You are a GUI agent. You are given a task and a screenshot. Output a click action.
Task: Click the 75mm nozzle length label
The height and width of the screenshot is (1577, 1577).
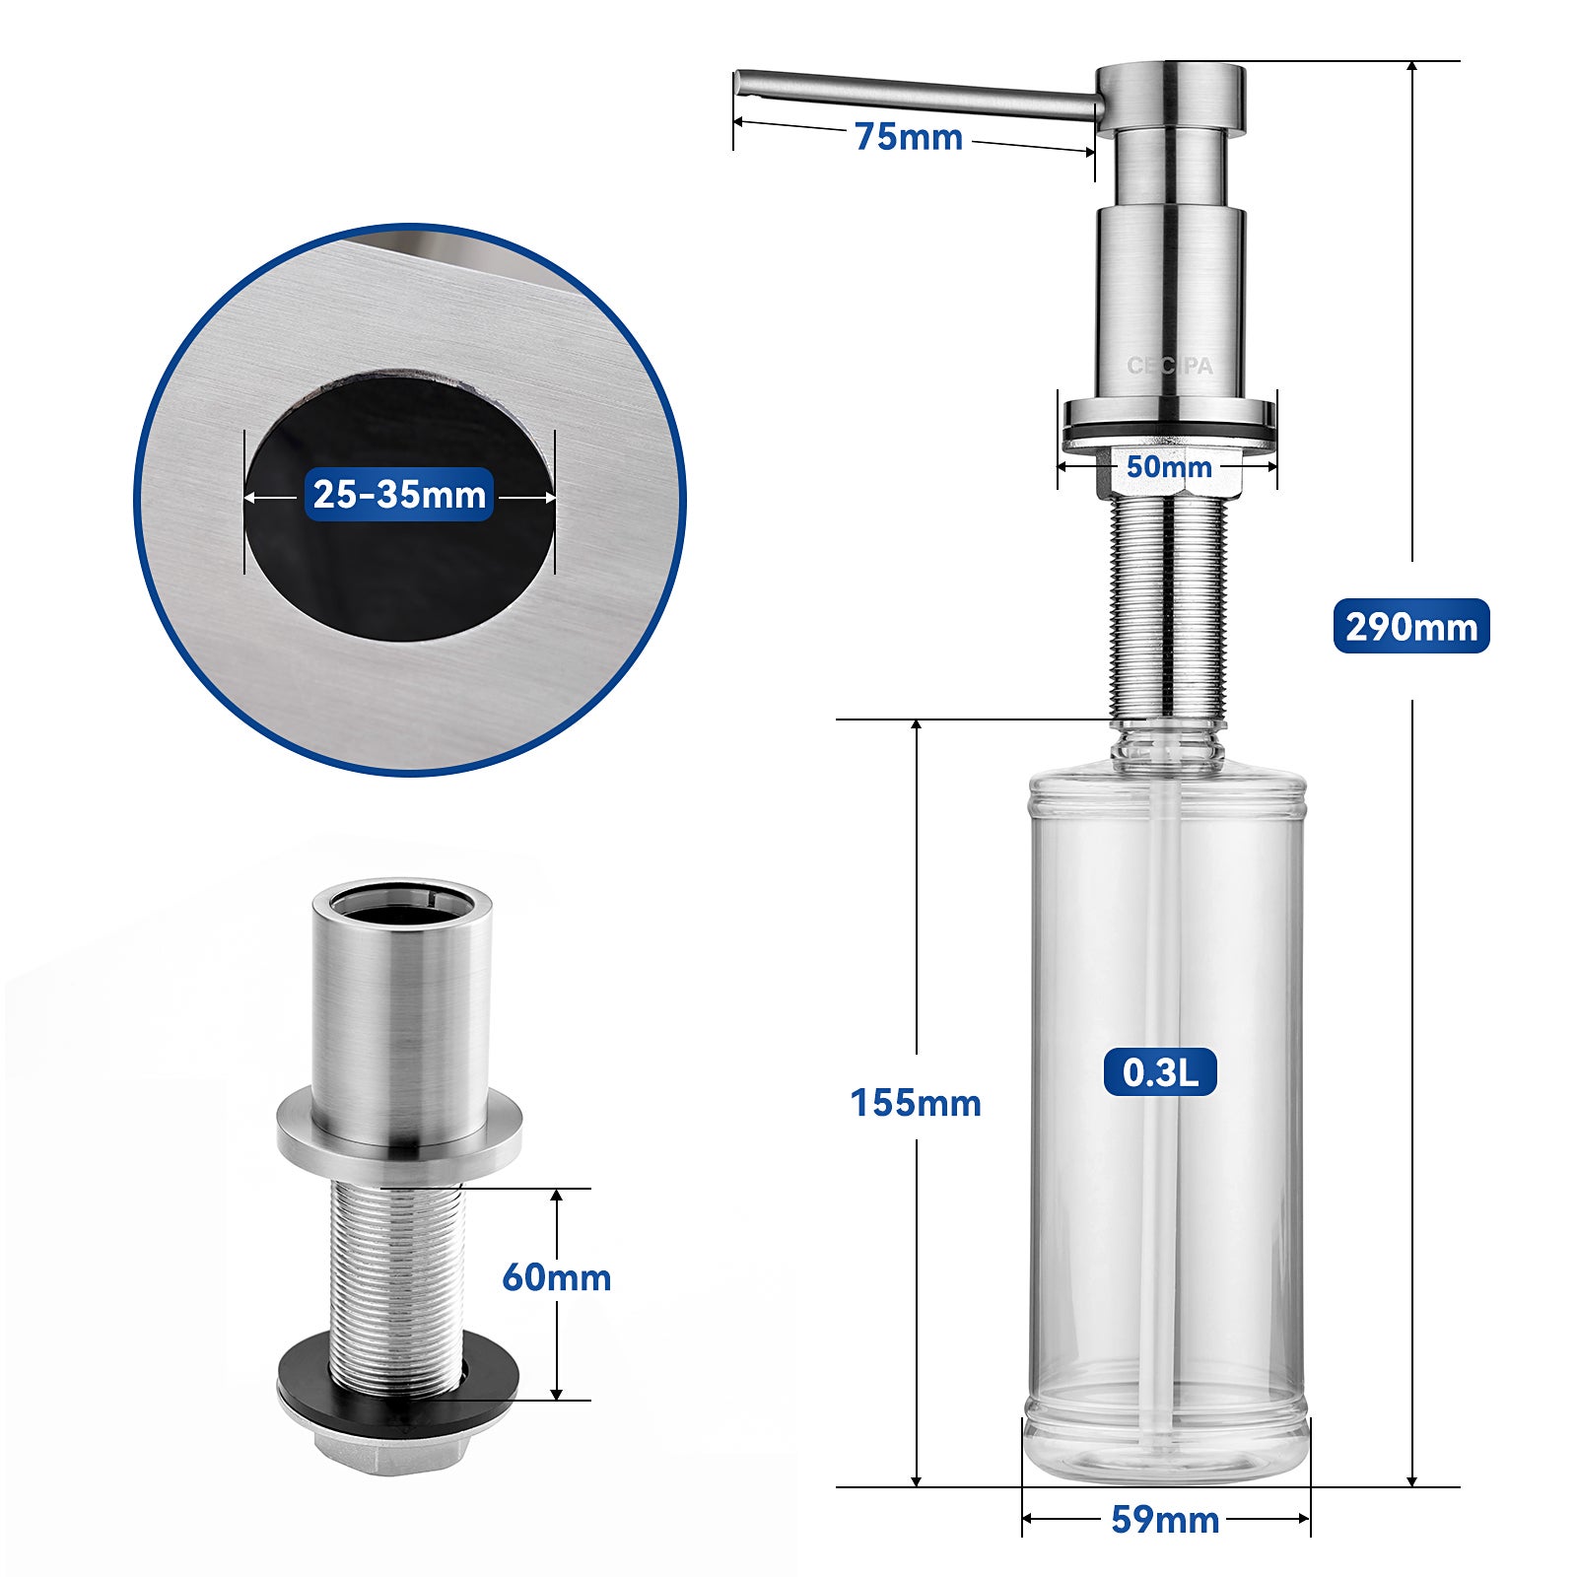[908, 136]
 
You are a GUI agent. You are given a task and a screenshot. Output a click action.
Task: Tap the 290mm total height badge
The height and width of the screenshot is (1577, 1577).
[1410, 626]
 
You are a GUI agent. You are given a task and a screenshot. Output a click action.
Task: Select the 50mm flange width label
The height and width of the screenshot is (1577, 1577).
[1169, 466]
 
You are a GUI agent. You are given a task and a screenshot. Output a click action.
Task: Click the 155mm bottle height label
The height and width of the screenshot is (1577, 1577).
[916, 1102]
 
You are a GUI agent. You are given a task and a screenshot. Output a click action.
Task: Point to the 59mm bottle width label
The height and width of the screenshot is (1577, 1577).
[1165, 1519]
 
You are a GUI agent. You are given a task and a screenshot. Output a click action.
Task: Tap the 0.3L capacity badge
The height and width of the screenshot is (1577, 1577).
[1160, 1071]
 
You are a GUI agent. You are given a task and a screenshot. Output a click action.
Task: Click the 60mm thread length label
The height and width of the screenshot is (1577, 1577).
[556, 1277]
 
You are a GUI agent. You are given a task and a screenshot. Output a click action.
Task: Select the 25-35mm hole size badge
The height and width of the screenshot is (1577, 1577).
[399, 494]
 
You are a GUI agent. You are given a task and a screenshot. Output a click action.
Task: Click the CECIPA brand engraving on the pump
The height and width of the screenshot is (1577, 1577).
[1170, 366]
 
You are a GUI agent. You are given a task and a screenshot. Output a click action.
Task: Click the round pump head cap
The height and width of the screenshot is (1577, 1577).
[1170, 96]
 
